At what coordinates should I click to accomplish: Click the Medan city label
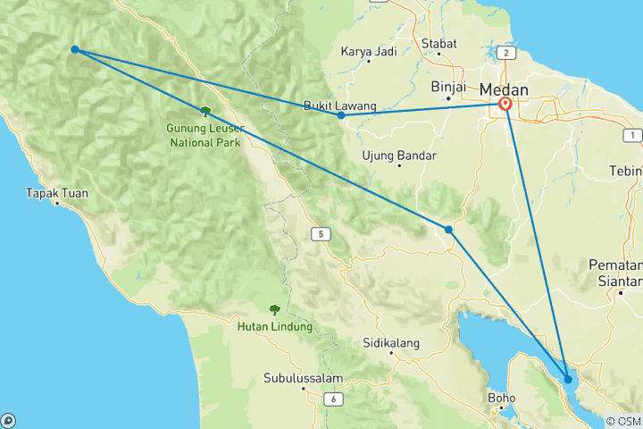pos(504,89)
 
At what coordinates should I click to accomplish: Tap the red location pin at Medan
pos(505,105)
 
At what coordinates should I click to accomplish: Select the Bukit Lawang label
pos(340,105)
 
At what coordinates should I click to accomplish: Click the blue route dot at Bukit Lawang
pos(341,115)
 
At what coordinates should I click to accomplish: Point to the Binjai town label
pos(449,88)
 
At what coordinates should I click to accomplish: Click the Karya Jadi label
pos(369,51)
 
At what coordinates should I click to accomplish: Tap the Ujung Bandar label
pos(399,156)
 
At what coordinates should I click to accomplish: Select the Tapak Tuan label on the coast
pos(55,192)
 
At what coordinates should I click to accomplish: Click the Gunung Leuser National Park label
pos(205,134)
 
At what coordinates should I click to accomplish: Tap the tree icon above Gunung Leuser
pos(205,111)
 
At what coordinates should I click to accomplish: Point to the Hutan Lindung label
pos(275,326)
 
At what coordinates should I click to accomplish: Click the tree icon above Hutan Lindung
pos(274,309)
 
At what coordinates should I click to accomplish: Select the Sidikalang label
pos(391,342)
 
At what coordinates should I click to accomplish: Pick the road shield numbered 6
pos(332,399)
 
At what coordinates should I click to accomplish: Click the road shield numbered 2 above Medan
pos(506,53)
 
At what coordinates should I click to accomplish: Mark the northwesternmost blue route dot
pos(75,49)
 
